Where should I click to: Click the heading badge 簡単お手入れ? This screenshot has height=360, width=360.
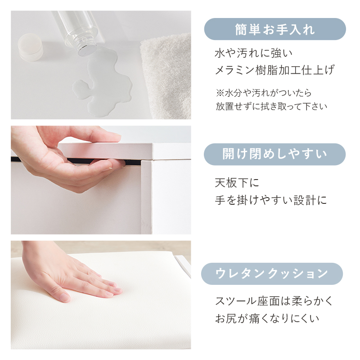tap(275, 29)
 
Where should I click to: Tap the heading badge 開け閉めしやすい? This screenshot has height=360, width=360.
tap(275, 154)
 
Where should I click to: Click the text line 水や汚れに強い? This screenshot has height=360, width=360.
tap(254, 54)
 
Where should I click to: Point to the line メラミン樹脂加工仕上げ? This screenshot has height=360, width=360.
tap(275, 70)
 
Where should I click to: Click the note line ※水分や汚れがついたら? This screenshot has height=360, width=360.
tap(263, 93)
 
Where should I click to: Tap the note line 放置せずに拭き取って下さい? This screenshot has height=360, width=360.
tap(271, 107)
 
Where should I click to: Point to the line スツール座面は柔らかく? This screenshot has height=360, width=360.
tap(274, 301)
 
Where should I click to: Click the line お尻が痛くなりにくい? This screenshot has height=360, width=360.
tap(267, 318)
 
